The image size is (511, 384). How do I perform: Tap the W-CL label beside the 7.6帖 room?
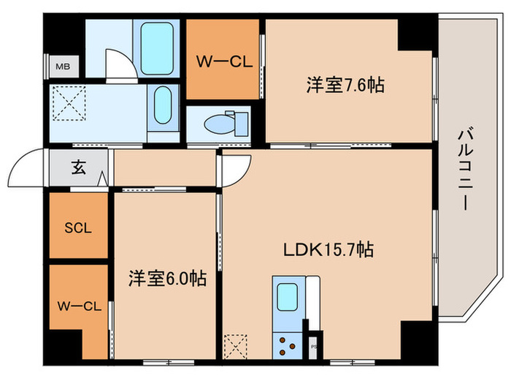point(223,61)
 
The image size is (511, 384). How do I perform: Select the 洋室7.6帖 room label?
point(345,85)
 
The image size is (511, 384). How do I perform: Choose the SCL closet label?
point(77,227)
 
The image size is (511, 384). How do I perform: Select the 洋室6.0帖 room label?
point(167,279)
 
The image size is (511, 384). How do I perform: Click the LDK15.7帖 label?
point(328,250)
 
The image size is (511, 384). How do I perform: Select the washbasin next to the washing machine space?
point(164,105)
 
